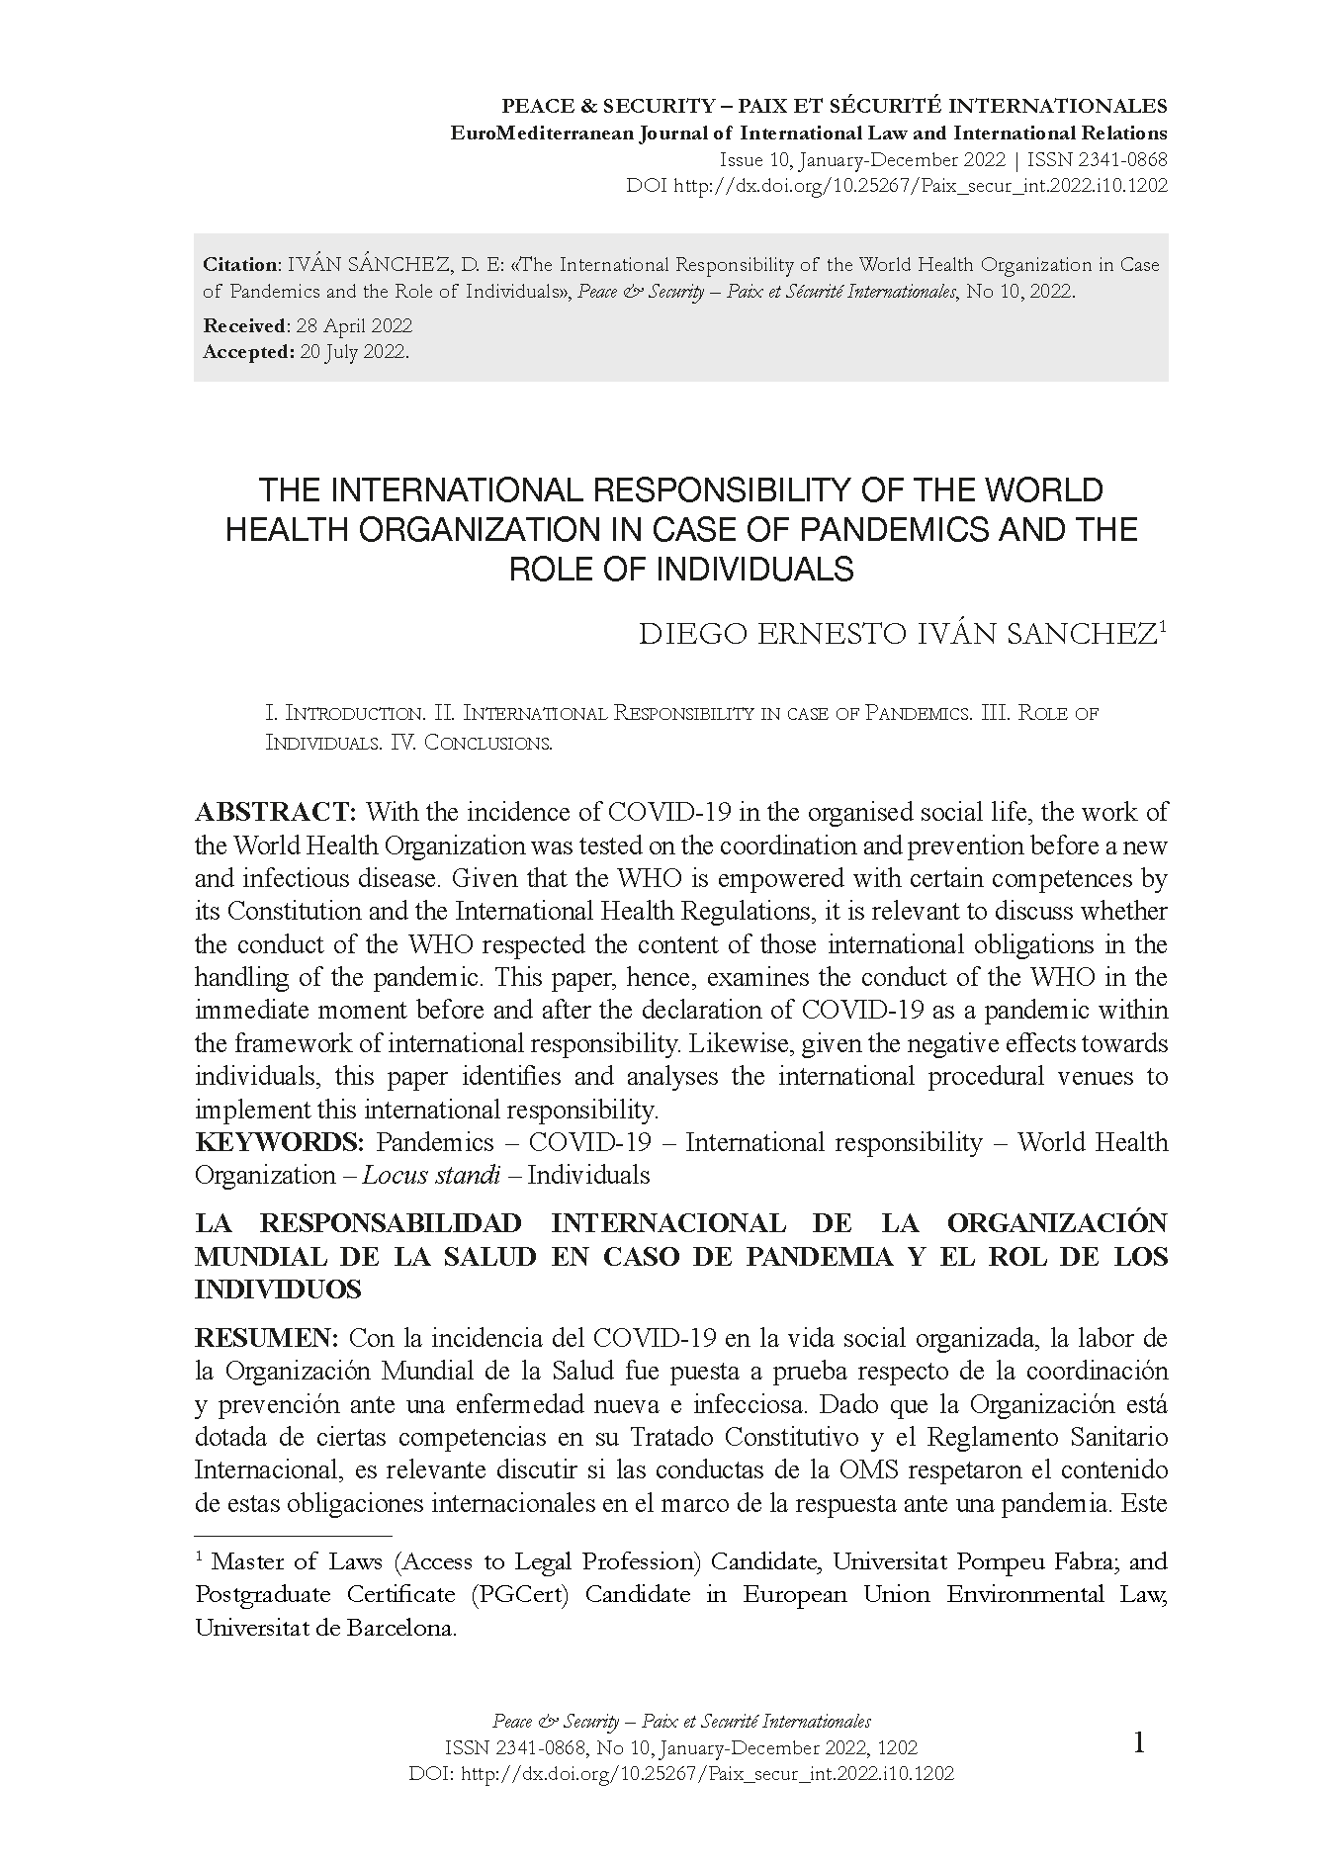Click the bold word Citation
(241, 265)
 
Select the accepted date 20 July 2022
(352, 352)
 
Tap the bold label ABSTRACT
(275, 813)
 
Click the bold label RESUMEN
(267, 1339)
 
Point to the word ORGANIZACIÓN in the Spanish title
(1057, 1224)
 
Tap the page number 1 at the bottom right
(1138, 1770)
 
